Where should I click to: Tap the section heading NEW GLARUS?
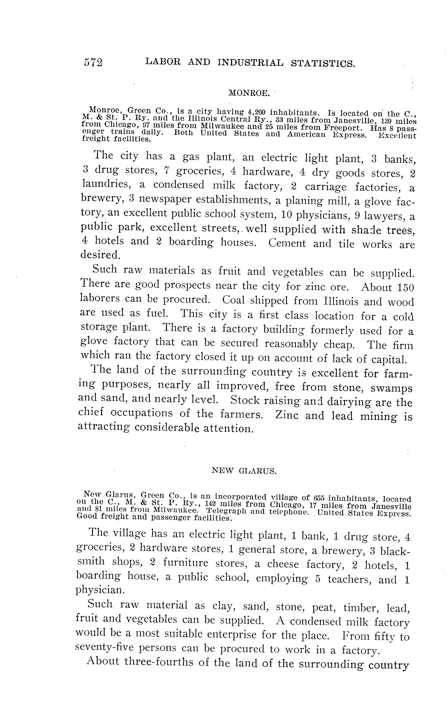tap(244, 471)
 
